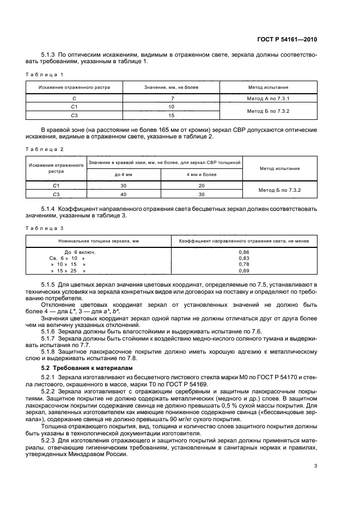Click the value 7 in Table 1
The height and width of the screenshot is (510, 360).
172,99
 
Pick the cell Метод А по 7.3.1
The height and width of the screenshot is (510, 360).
268,99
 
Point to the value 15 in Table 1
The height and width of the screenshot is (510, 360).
172,116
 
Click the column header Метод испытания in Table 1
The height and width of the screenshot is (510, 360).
268,87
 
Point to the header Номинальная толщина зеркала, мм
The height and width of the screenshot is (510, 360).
99,240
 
